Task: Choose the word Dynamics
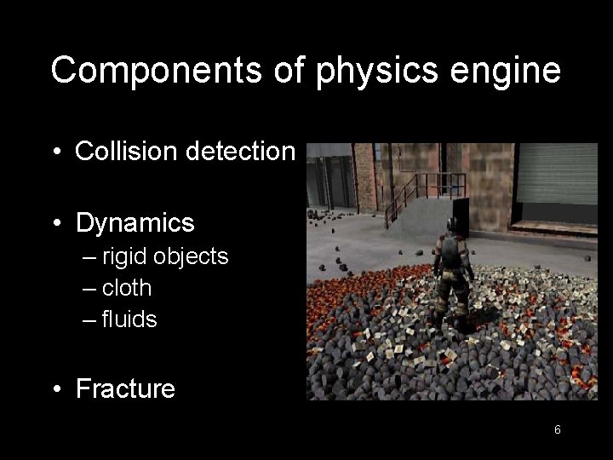(135, 223)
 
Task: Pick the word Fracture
(125, 389)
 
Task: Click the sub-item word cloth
(127, 288)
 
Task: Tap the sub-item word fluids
(129, 319)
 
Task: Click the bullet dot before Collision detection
(56, 152)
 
